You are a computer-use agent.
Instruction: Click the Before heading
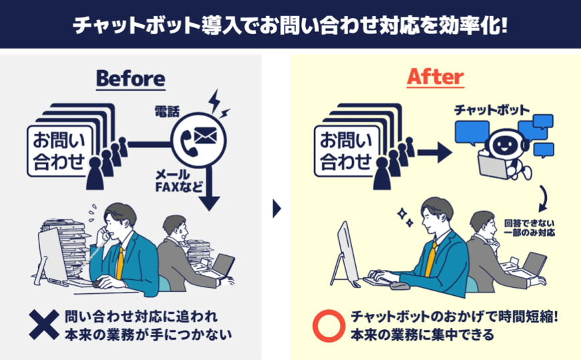pyautogui.click(x=130, y=78)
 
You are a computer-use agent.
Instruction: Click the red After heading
pyautogui.click(x=435, y=77)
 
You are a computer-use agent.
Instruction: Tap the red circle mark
pyautogui.click(x=328, y=325)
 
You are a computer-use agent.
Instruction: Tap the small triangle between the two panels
pyautogui.click(x=276, y=209)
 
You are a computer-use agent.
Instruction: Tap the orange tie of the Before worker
pyautogui.click(x=119, y=262)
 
